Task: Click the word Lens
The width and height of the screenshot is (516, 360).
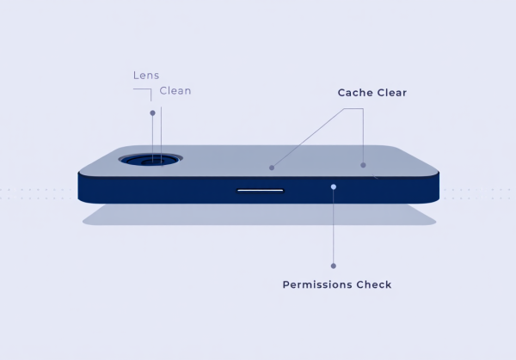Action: tap(146, 76)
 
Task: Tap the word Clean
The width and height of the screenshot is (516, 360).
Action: tap(175, 90)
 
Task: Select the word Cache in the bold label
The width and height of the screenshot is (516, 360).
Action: tap(356, 92)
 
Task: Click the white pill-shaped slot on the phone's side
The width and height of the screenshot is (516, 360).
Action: tap(260, 190)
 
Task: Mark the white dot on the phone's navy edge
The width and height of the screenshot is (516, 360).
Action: tap(334, 186)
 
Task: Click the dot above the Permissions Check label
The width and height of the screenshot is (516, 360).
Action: tap(334, 265)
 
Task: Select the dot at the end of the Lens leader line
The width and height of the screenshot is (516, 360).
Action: tap(152, 113)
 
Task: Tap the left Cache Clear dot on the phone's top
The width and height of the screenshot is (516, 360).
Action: tap(272, 168)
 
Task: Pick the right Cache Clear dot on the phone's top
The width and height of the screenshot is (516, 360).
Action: tap(363, 165)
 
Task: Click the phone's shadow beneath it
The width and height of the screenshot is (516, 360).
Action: tap(258, 216)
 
